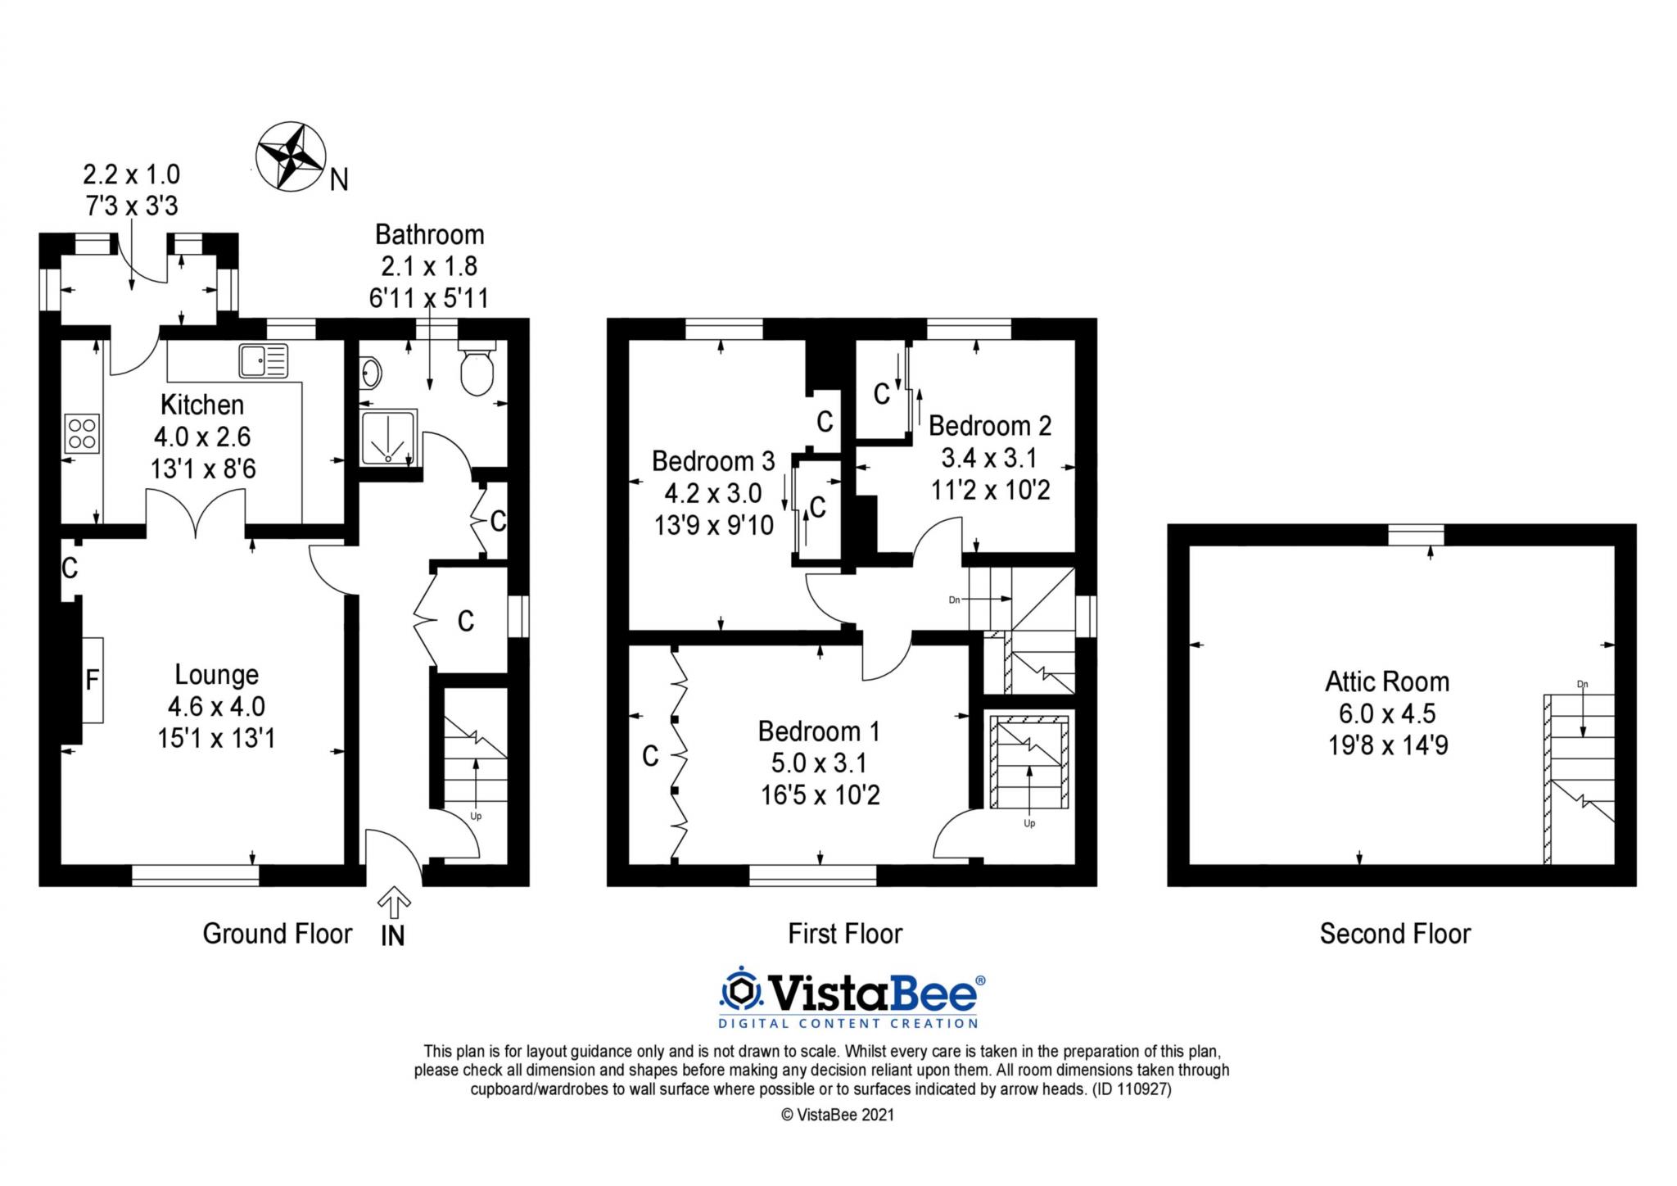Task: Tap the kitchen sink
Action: tap(264, 360)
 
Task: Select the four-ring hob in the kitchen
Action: tap(82, 433)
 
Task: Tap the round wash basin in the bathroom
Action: tap(370, 373)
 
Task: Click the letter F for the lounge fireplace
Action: tap(93, 680)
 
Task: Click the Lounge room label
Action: tap(216, 674)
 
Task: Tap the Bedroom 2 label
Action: tap(989, 426)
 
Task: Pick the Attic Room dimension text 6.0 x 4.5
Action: tap(1387, 713)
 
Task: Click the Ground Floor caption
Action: tap(277, 934)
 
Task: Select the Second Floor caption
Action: tap(1394, 934)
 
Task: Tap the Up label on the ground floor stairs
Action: tap(476, 816)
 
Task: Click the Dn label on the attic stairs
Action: tap(1582, 684)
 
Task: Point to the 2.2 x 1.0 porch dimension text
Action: tap(131, 174)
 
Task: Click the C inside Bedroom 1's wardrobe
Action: tap(650, 756)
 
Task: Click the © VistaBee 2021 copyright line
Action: tap(837, 1115)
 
